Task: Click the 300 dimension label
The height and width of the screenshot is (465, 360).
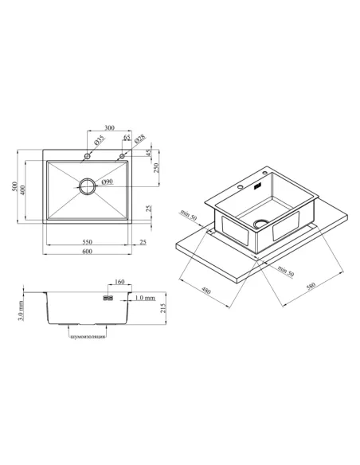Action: click(x=109, y=128)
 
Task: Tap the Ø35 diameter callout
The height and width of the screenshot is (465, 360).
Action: click(x=100, y=140)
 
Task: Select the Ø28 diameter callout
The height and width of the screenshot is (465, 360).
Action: click(x=140, y=139)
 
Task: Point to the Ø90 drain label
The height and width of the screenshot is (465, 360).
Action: click(x=107, y=182)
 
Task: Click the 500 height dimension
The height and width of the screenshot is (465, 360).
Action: click(x=14, y=186)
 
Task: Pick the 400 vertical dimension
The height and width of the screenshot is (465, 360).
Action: click(x=23, y=190)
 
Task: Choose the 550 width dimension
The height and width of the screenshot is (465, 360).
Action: click(x=87, y=242)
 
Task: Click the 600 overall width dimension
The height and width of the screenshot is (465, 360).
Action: click(x=87, y=252)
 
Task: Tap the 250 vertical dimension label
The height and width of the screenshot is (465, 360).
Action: click(x=156, y=168)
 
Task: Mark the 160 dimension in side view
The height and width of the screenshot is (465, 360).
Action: click(x=119, y=282)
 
